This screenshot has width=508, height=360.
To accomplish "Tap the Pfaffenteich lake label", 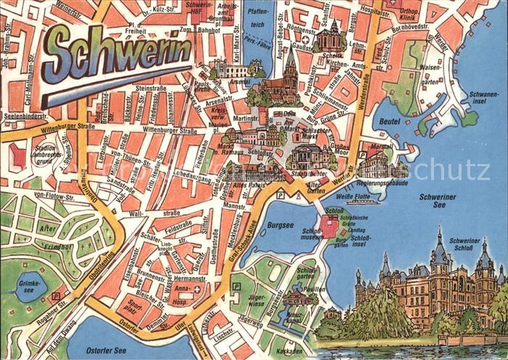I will tap(257, 37).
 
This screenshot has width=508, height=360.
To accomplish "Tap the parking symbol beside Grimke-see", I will tap(56, 296).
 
